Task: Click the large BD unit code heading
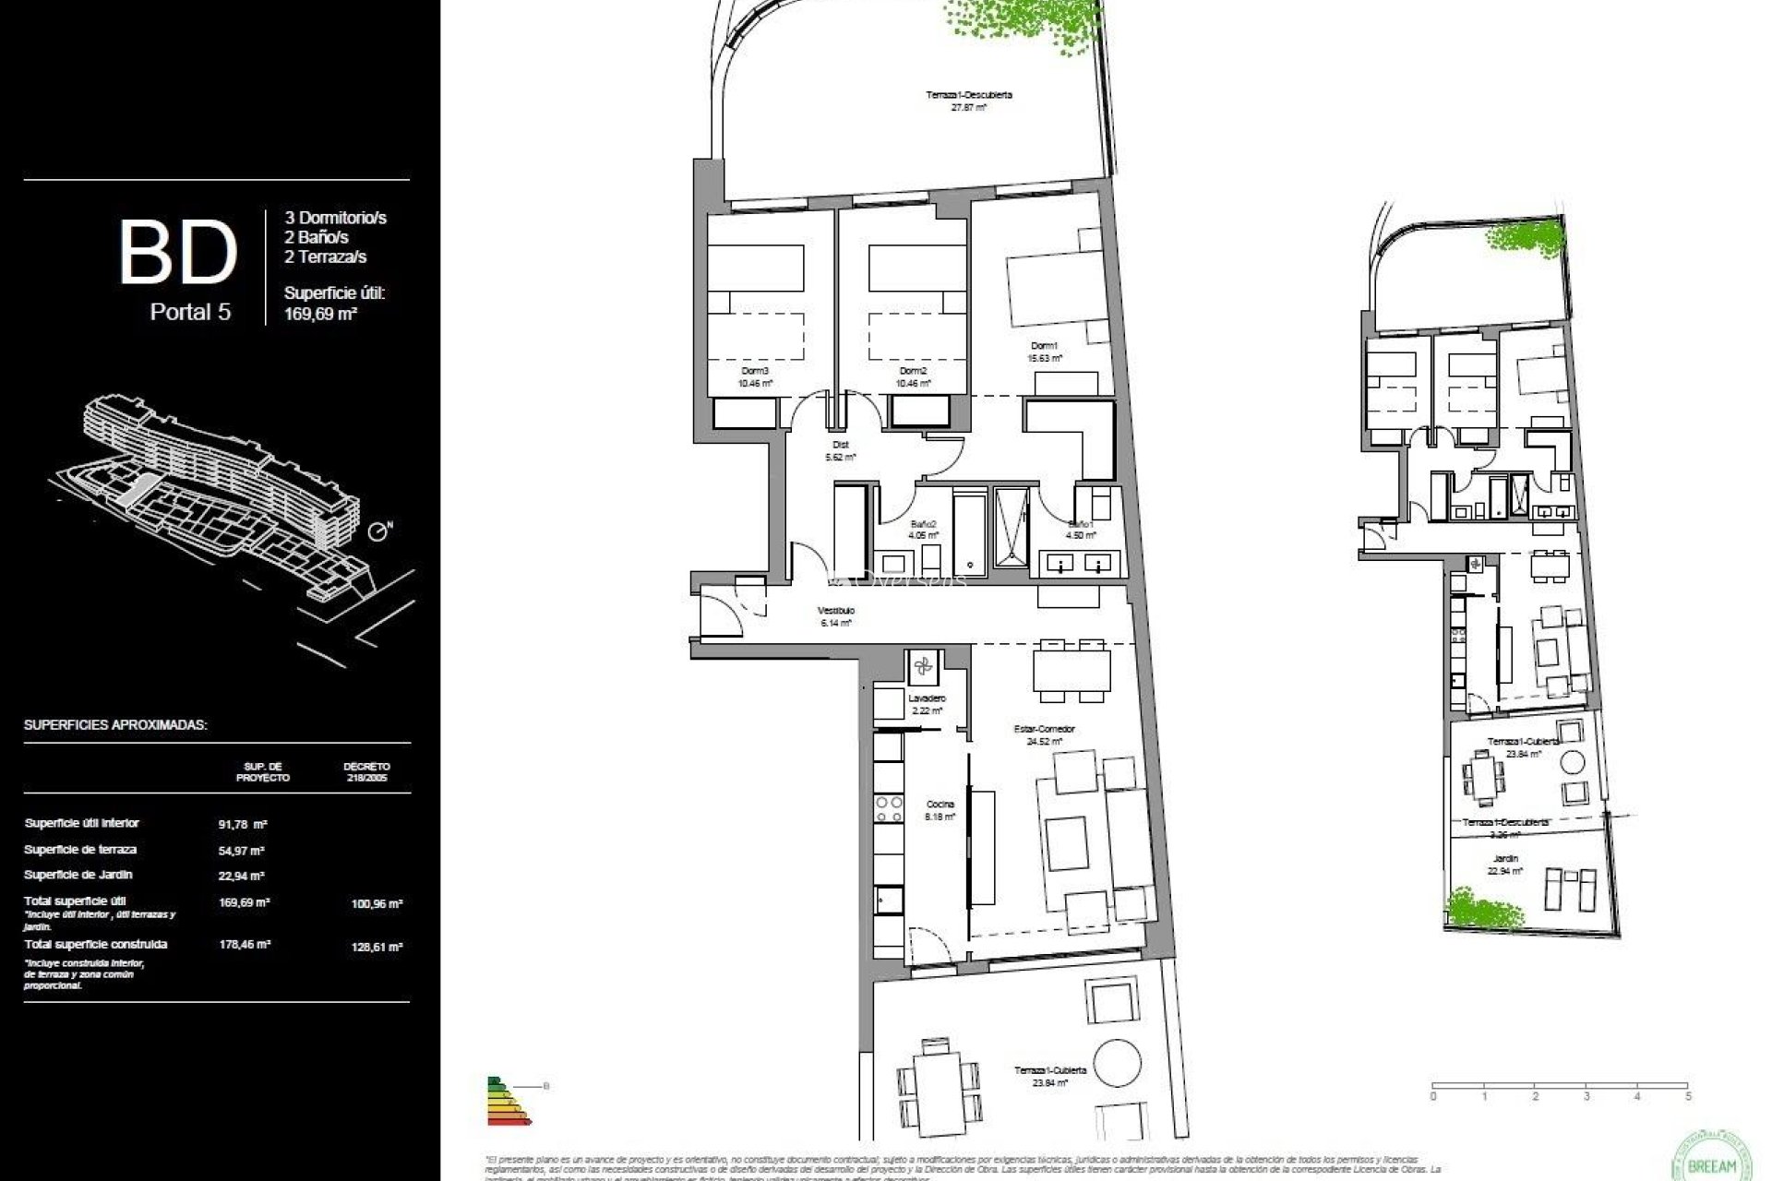point(178,251)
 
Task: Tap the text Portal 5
point(190,312)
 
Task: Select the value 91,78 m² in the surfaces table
point(243,824)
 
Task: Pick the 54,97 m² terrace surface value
point(243,851)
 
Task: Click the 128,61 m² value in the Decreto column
point(377,947)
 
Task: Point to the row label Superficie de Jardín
point(78,875)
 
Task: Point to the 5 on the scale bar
point(1688,1097)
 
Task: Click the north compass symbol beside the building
point(379,531)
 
